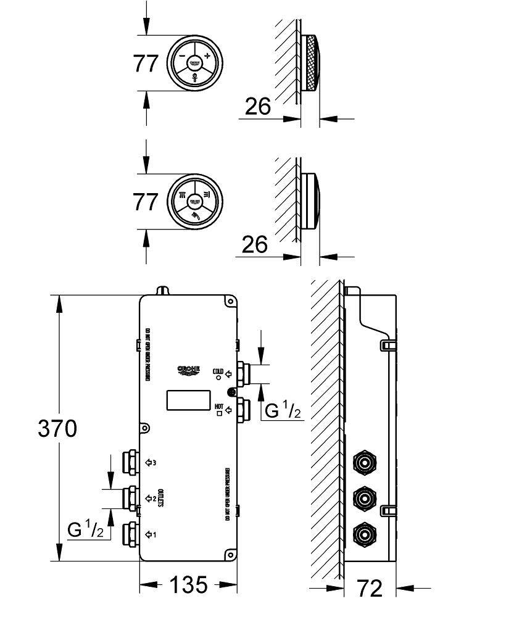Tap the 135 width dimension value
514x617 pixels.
click(x=188, y=584)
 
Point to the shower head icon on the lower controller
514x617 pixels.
click(x=195, y=216)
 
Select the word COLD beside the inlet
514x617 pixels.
click(x=217, y=371)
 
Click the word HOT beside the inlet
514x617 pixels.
click(x=218, y=405)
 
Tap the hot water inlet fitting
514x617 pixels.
click(x=244, y=409)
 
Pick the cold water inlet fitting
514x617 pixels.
click(x=244, y=373)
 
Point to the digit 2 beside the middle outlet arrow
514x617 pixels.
click(x=154, y=497)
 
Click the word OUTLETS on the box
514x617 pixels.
click(x=161, y=497)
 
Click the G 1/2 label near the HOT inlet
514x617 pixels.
click(x=283, y=410)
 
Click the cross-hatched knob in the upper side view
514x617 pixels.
click(x=312, y=64)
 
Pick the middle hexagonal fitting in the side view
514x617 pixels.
click(x=363, y=497)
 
